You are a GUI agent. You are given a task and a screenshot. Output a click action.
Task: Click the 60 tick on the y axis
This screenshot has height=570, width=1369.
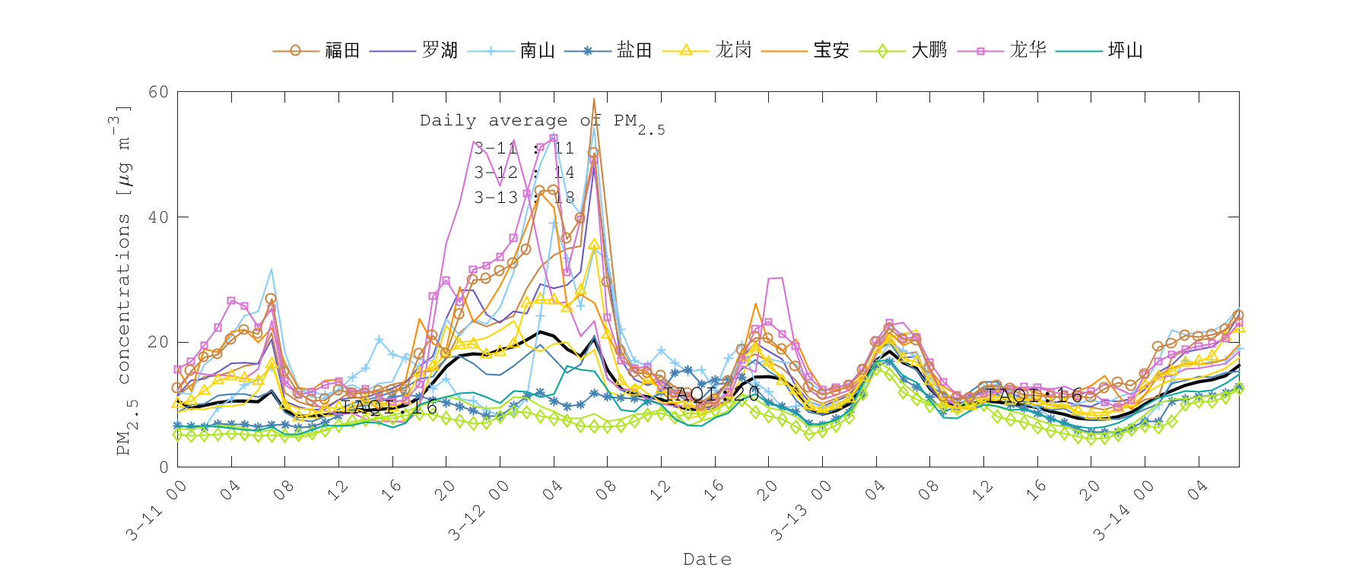(158, 92)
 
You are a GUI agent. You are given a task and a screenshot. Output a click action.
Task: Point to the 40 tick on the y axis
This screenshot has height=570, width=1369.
(158, 217)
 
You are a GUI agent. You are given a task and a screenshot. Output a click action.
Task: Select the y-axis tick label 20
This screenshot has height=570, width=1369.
(158, 342)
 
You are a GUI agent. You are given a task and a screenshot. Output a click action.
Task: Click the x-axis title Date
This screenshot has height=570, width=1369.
(707, 559)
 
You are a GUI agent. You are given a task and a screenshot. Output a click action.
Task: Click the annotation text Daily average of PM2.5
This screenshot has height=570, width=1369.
(542, 122)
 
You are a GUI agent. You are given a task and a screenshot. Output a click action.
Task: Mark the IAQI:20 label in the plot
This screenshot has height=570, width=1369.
(712, 394)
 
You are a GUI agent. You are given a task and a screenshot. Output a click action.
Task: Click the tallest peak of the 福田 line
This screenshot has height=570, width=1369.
(594, 99)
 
